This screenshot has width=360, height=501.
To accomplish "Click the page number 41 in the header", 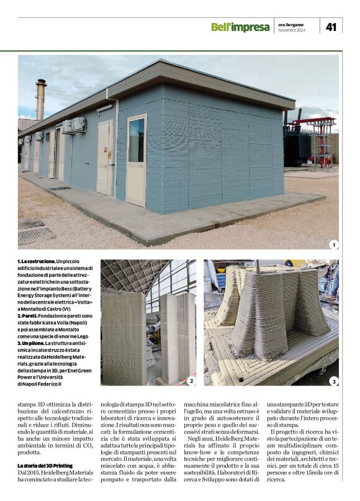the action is (x=331, y=26).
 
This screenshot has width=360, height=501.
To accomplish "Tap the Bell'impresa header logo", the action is (x=240, y=27).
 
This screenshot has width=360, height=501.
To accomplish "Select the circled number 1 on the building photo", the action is (x=334, y=245).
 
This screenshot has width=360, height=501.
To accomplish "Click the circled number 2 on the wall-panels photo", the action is (x=191, y=381).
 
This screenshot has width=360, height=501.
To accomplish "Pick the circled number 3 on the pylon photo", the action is (x=334, y=381).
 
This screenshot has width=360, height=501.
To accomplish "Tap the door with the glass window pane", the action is (x=136, y=159).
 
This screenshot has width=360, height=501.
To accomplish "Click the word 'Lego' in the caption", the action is (x=85, y=336).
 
